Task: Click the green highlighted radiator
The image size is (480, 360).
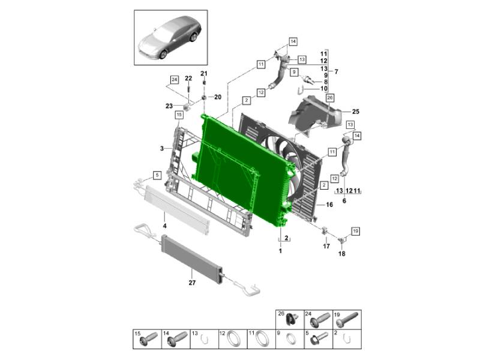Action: tap(242, 169)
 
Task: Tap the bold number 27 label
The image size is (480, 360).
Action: tap(192, 283)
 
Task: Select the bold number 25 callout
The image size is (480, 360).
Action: tap(355, 112)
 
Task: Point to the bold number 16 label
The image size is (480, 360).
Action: tap(329, 205)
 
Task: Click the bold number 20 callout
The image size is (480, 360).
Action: tap(217, 97)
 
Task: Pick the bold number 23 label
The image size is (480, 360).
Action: tap(169, 106)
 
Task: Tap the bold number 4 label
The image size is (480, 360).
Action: tap(164, 226)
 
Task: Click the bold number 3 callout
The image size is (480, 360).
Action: tap(162, 149)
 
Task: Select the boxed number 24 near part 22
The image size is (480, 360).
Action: tap(174, 80)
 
